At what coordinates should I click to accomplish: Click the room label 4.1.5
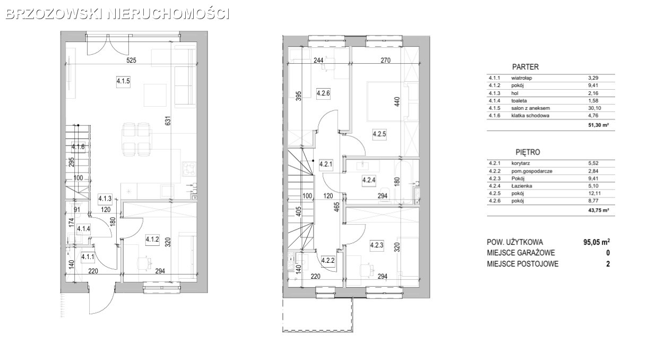coord(123,81)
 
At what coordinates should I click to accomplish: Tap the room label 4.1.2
coord(152,239)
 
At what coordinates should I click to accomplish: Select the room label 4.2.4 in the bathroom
coord(369,179)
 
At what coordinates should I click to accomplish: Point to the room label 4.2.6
coord(323,93)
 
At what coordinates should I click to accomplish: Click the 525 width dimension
coord(131,61)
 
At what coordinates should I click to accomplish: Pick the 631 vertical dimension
coord(168,121)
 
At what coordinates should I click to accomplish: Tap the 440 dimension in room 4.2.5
coord(398,101)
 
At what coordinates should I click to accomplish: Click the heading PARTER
coord(525,67)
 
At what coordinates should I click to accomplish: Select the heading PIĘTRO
coord(528,152)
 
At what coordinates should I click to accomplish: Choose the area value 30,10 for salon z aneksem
coord(593,108)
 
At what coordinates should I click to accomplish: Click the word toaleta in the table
coord(519,101)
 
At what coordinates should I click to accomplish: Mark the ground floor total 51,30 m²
coord(599,125)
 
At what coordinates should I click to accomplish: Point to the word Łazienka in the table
coord(522,186)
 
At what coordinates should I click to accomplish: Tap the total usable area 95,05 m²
coord(597,242)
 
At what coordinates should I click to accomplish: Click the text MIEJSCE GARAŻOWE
coord(521,253)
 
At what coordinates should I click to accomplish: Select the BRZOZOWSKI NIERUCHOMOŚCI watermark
coord(118,14)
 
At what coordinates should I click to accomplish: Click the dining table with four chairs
coord(136,139)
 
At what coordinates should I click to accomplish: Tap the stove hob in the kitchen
coord(189,169)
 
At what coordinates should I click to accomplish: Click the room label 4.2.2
coord(328,261)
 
